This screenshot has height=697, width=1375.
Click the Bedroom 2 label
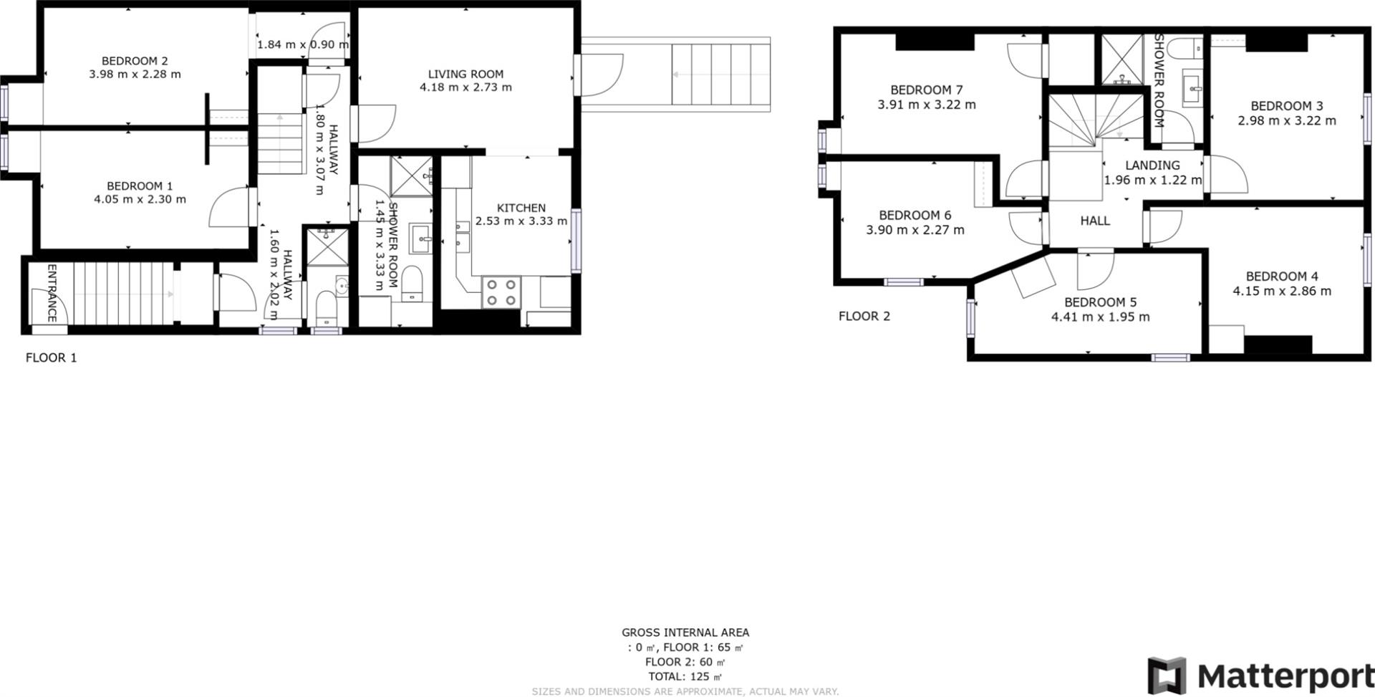point(135,61)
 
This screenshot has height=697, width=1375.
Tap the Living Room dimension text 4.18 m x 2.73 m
point(465,87)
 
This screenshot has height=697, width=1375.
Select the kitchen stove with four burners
point(501,292)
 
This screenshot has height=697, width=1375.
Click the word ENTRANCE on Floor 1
point(52,293)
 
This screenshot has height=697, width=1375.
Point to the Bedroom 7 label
point(926,90)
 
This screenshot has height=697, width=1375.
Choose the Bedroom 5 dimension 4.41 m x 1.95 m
point(1100,317)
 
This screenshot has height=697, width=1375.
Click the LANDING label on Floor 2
point(1152,165)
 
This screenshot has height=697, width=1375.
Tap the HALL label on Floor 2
point(1095,221)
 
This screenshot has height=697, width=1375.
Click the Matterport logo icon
point(1167,676)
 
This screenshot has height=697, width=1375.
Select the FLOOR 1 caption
point(51,357)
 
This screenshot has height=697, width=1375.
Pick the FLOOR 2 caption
point(864,316)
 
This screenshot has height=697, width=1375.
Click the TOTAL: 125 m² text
point(685,676)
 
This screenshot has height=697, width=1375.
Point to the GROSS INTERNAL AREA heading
point(685,633)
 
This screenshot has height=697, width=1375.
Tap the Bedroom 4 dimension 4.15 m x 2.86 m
point(1282,292)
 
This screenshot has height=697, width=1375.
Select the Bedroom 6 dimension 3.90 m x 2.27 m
point(915,230)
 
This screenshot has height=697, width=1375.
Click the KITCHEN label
point(521,208)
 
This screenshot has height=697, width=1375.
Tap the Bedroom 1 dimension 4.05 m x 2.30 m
point(140,199)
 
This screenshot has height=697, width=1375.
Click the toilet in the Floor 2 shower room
point(1185,49)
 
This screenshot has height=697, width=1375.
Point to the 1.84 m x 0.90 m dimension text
point(303,44)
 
